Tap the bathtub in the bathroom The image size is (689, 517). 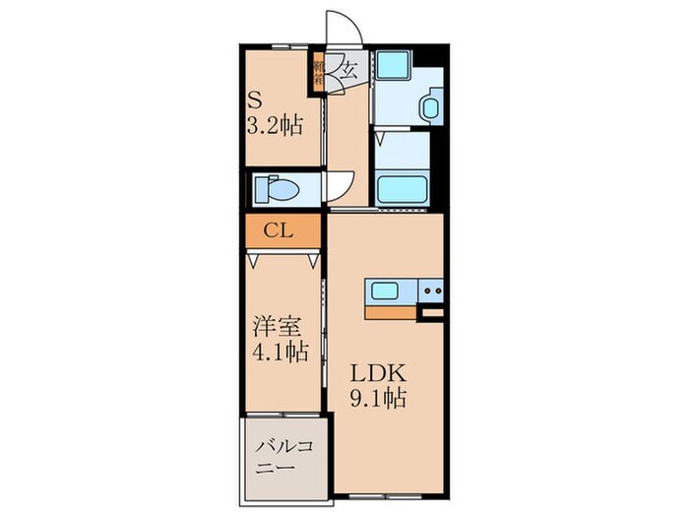coord(400,187)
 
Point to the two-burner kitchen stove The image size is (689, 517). coord(431,291)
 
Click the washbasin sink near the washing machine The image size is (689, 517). coord(431,106)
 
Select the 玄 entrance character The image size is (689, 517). coord(347,69)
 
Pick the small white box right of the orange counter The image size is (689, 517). coord(431,313)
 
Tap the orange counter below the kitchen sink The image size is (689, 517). coord(391,312)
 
